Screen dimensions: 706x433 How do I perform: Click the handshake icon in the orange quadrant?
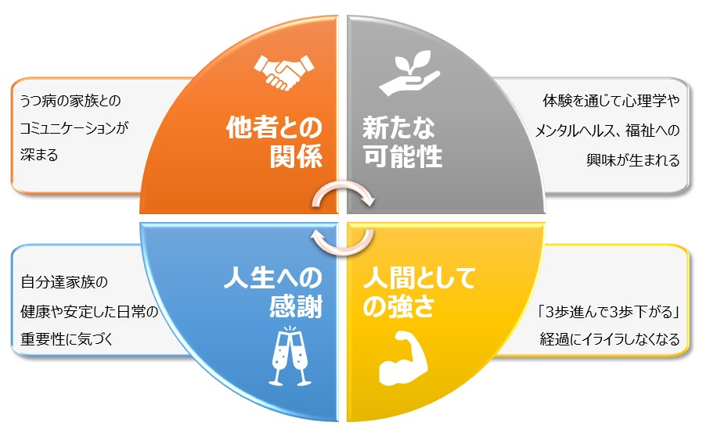pyautogui.click(x=283, y=72)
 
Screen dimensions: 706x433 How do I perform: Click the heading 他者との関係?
pyautogui.click(x=274, y=142)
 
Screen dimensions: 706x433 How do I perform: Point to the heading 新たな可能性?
pyautogui.click(x=402, y=142)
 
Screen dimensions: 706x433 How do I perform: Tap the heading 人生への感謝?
pyautogui.click(x=273, y=292)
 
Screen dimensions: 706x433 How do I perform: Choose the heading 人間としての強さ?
pyautogui.click(x=420, y=292)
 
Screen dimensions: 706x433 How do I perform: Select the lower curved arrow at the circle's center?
pyautogui.click(x=343, y=249)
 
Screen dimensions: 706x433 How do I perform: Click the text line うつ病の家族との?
pyautogui.click(x=70, y=100)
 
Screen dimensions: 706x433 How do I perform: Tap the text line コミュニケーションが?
pyautogui.click(x=74, y=128)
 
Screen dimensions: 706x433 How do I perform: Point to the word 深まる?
pyautogui.click(x=39, y=155)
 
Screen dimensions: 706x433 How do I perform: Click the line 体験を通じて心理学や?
pyautogui.click(x=611, y=100)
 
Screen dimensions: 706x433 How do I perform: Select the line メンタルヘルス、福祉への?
pyautogui.click(x=607, y=131)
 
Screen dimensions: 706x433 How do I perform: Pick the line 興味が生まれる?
pyautogui.click(x=633, y=160)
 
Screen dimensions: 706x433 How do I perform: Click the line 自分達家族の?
pyautogui.click(x=64, y=282)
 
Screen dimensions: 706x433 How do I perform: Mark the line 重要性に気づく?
pyautogui.click(x=67, y=338)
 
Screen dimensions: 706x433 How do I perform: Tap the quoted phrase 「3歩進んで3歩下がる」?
pyautogui.click(x=609, y=312)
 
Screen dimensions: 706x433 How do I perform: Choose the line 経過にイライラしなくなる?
pyautogui.click(x=610, y=338)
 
